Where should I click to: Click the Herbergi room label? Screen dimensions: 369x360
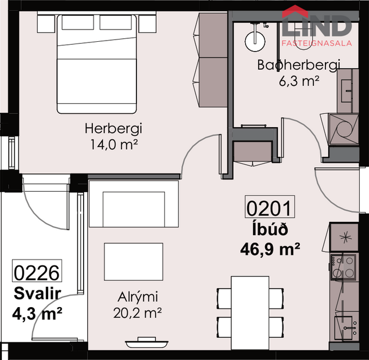point(113,129)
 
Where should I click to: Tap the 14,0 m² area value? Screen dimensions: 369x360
point(114,145)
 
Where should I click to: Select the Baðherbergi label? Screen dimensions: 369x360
point(299,65)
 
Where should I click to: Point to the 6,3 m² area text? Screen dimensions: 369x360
point(299,81)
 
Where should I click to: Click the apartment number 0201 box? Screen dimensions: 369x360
point(270,207)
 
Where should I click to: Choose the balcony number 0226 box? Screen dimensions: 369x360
point(37,271)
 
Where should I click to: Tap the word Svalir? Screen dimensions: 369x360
point(37,293)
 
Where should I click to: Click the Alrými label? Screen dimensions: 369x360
point(138,297)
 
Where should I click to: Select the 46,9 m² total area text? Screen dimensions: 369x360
point(270,249)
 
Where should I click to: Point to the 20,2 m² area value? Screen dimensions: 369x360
point(138,313)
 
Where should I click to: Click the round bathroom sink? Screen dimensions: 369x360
point(255,41)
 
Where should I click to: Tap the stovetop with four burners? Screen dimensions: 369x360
point(343,267)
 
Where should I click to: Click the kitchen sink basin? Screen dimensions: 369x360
point(343,328)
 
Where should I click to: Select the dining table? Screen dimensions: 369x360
point(250,313)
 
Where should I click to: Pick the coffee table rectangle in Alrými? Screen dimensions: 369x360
point(134,261)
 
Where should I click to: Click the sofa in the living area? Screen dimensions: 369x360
point(134,204)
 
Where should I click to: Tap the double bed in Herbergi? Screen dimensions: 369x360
point(96,64)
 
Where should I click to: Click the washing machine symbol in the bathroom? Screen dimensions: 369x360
point(343,129)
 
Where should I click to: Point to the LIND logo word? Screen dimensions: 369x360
point(317,26)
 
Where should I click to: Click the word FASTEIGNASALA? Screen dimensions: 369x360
point(317,43)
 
